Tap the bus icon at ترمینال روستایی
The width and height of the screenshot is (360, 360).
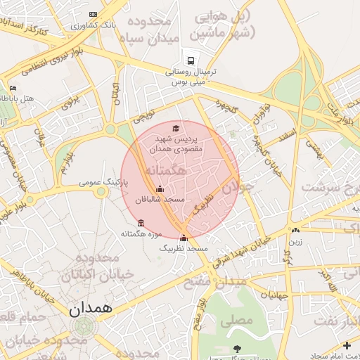click(x=190, y=60)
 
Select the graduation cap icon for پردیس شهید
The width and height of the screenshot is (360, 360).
click(x=175, y=128)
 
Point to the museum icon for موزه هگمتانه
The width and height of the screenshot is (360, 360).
click(x=141, y=224)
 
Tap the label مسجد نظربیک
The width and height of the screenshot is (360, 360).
click(x=184, y=249)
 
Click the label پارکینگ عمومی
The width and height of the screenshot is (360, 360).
click(x=106, y=181)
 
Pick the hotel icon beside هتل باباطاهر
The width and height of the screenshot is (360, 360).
click(x=13, y=89)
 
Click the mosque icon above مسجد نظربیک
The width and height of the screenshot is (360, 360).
click(x=184, y=238)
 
